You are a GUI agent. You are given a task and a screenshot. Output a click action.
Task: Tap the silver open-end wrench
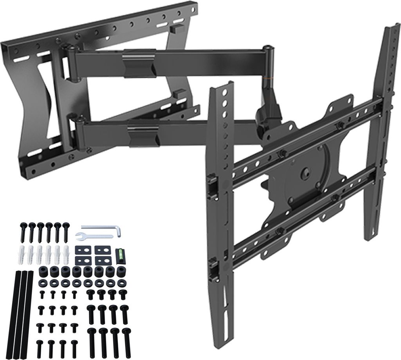point(88,236)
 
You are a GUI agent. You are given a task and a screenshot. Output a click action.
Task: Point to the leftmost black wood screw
point(22,233)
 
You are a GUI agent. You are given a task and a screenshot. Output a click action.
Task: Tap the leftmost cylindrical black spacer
point(42,271)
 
